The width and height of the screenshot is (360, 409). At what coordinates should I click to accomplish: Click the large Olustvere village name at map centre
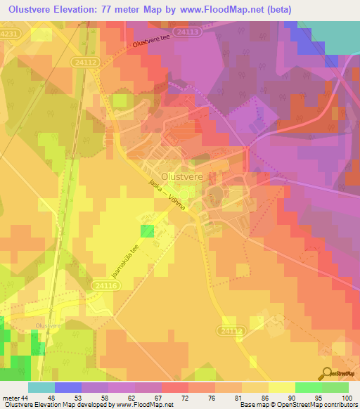pyautogui.click(x=182, y=177)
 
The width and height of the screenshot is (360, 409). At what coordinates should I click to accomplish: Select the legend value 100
pyautogui.click(x=347, y=398)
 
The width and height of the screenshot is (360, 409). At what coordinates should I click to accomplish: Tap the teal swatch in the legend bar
pyautogui.click(x=41, y=387)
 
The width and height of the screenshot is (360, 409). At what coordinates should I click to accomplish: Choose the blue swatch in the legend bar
pyautogui.click(x=67, y=387)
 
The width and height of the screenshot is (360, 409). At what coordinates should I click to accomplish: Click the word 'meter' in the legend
pyautogui.click(x=12, y=398)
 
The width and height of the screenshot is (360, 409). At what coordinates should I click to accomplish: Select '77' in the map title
pyautogui.click(x=121, y=8)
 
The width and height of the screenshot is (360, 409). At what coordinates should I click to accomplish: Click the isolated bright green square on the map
pyautogui.click(x=147, y=231)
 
